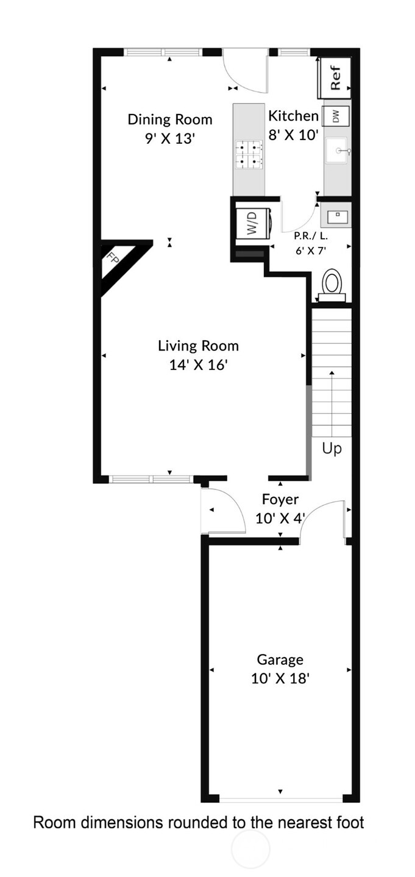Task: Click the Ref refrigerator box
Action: point(335,77)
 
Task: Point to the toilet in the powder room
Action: point(332,284)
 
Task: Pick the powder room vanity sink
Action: point(336,216)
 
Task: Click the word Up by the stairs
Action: point(332,449)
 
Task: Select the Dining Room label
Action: point(169,119)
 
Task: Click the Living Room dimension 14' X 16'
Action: point(198,365)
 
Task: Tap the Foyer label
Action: point(280,500)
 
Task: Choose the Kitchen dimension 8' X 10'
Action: point(294,135)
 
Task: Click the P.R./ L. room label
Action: point(310,235)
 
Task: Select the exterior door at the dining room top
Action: point(245,72)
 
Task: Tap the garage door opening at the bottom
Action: point(280,799)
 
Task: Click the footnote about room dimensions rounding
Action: point(198,822)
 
